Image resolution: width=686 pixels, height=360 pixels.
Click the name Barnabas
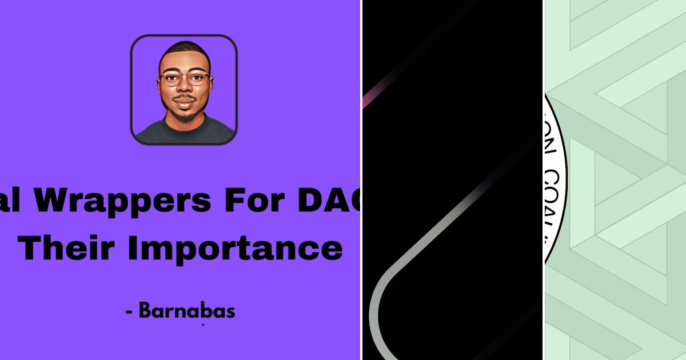pos(187,311)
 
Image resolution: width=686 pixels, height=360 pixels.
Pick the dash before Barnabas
pos(130,313)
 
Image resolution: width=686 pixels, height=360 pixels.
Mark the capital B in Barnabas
pos(145,311)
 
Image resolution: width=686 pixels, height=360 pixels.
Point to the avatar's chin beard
pos(184,116)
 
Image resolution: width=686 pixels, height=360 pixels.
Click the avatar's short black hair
pos(184,49)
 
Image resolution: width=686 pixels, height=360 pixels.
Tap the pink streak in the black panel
pos(368,99)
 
